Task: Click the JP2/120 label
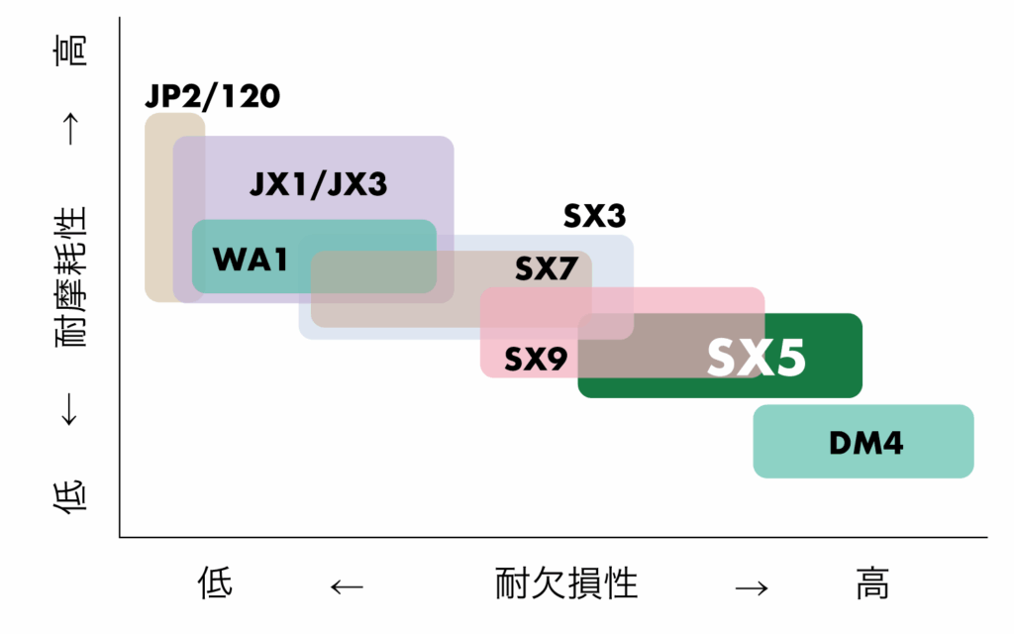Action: (x=212, y=96)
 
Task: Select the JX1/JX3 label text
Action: (x=318, y=183)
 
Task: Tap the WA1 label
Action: (x=250, y=260)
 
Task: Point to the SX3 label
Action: (x=594, y=215)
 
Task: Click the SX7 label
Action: (x=546, y=268)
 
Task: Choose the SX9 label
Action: (x=536, y=359)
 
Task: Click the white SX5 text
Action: (x=756, y=357)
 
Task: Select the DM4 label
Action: (x=865, y=443)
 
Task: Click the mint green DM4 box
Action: (x=863, y=441)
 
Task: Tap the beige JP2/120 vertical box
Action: (x=158, y=207)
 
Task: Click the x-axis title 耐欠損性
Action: (x=566, y=582)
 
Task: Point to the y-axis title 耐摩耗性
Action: (x=70, y=277)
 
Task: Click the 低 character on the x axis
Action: (x=215, y=582)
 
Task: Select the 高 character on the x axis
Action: (x=872, y=582)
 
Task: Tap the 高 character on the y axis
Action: (x=70, y=51)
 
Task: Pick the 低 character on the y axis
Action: (x=70, y=496)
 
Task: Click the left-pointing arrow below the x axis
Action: (x=347, y=586)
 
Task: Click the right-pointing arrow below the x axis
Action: (x=752, y=587)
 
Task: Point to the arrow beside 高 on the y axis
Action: (x=70, y=129)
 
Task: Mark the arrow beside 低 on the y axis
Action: (x=69, y=409)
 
